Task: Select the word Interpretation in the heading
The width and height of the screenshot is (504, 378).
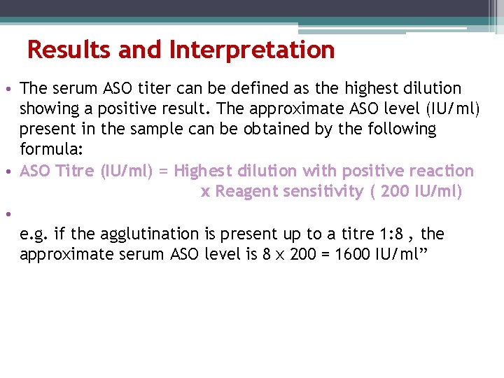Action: (252, 50)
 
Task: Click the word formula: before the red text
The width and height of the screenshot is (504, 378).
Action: (47, 150)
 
